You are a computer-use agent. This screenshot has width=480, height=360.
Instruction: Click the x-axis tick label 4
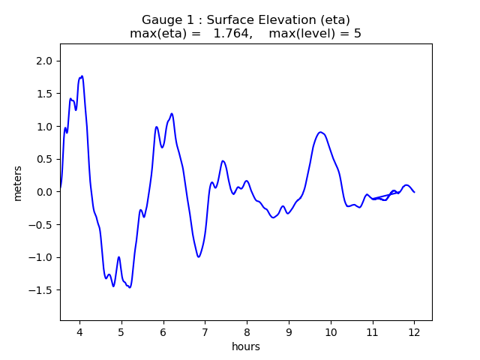coord(79,332)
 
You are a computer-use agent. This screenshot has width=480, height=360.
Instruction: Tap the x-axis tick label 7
coord(205,332)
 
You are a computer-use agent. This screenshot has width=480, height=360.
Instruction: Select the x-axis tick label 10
coord(330,332)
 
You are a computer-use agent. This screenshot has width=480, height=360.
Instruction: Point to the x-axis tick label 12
coord(414,332)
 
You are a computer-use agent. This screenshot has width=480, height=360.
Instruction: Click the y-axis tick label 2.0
coord(44,61)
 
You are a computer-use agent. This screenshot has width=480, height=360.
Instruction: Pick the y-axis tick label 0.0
coord(44,192)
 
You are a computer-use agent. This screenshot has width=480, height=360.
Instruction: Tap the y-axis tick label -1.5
coord(41,290)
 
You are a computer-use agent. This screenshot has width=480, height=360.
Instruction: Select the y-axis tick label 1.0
coord(44,127)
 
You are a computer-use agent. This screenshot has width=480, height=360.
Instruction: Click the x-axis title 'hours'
coord(246,346)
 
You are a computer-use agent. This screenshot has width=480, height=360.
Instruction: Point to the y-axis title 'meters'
coord(18,183)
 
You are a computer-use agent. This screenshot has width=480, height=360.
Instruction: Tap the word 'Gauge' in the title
coord(160,19)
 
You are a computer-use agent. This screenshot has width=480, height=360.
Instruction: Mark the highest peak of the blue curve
coord(82,76)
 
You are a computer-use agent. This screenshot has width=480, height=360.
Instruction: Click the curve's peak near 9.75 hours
coord(320,132)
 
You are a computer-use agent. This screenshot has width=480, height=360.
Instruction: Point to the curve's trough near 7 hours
coord(199,257)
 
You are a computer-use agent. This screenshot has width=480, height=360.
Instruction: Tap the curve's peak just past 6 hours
coord(172,114)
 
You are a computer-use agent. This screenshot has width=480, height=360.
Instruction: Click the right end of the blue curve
coord(414,192)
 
